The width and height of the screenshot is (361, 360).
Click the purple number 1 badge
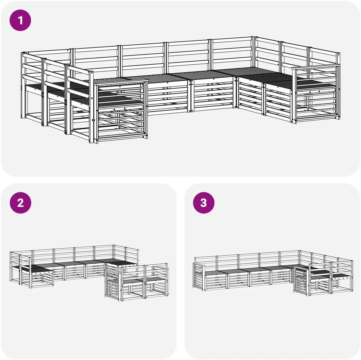(20, 20)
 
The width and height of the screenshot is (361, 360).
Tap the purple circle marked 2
(20, 203)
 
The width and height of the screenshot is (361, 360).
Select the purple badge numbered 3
(203, 203)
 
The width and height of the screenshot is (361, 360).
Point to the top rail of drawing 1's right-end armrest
(315, 67)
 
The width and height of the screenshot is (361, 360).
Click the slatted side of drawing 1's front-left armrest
(121, 111)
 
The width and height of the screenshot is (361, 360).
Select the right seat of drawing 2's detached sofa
(155, 280)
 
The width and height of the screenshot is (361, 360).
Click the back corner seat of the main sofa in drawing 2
(121, 263)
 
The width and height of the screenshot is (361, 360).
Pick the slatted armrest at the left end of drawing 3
(198, 276)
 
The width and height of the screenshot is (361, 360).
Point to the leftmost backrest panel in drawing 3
(205, 263)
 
